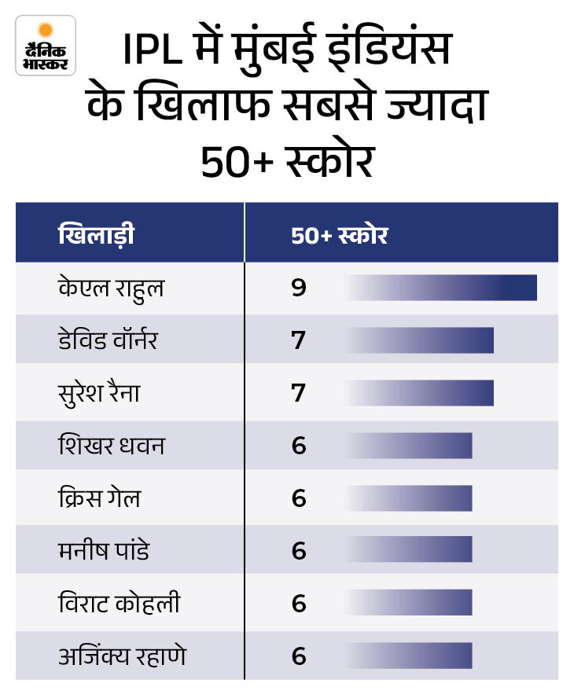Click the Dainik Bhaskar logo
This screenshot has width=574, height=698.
click(x=45, y=45)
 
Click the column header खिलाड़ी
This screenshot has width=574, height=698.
click(x=96, y=235)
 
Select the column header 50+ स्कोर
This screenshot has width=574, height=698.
click(x=339, y=235)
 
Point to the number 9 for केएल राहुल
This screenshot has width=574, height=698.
click(x=298, y=288)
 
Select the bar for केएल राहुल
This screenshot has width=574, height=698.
click(x=440, y=288)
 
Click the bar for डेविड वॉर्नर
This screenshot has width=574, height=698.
click(x=419, y=340)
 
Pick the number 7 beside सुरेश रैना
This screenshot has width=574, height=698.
click(x=298, y=393)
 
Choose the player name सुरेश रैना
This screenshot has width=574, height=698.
click(x=99, y=393)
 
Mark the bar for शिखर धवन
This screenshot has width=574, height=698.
click(x=408, y=446)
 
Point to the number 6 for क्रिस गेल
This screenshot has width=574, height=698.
click(x=298, y=498)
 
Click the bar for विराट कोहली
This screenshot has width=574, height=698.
click(x=408, y=604)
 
